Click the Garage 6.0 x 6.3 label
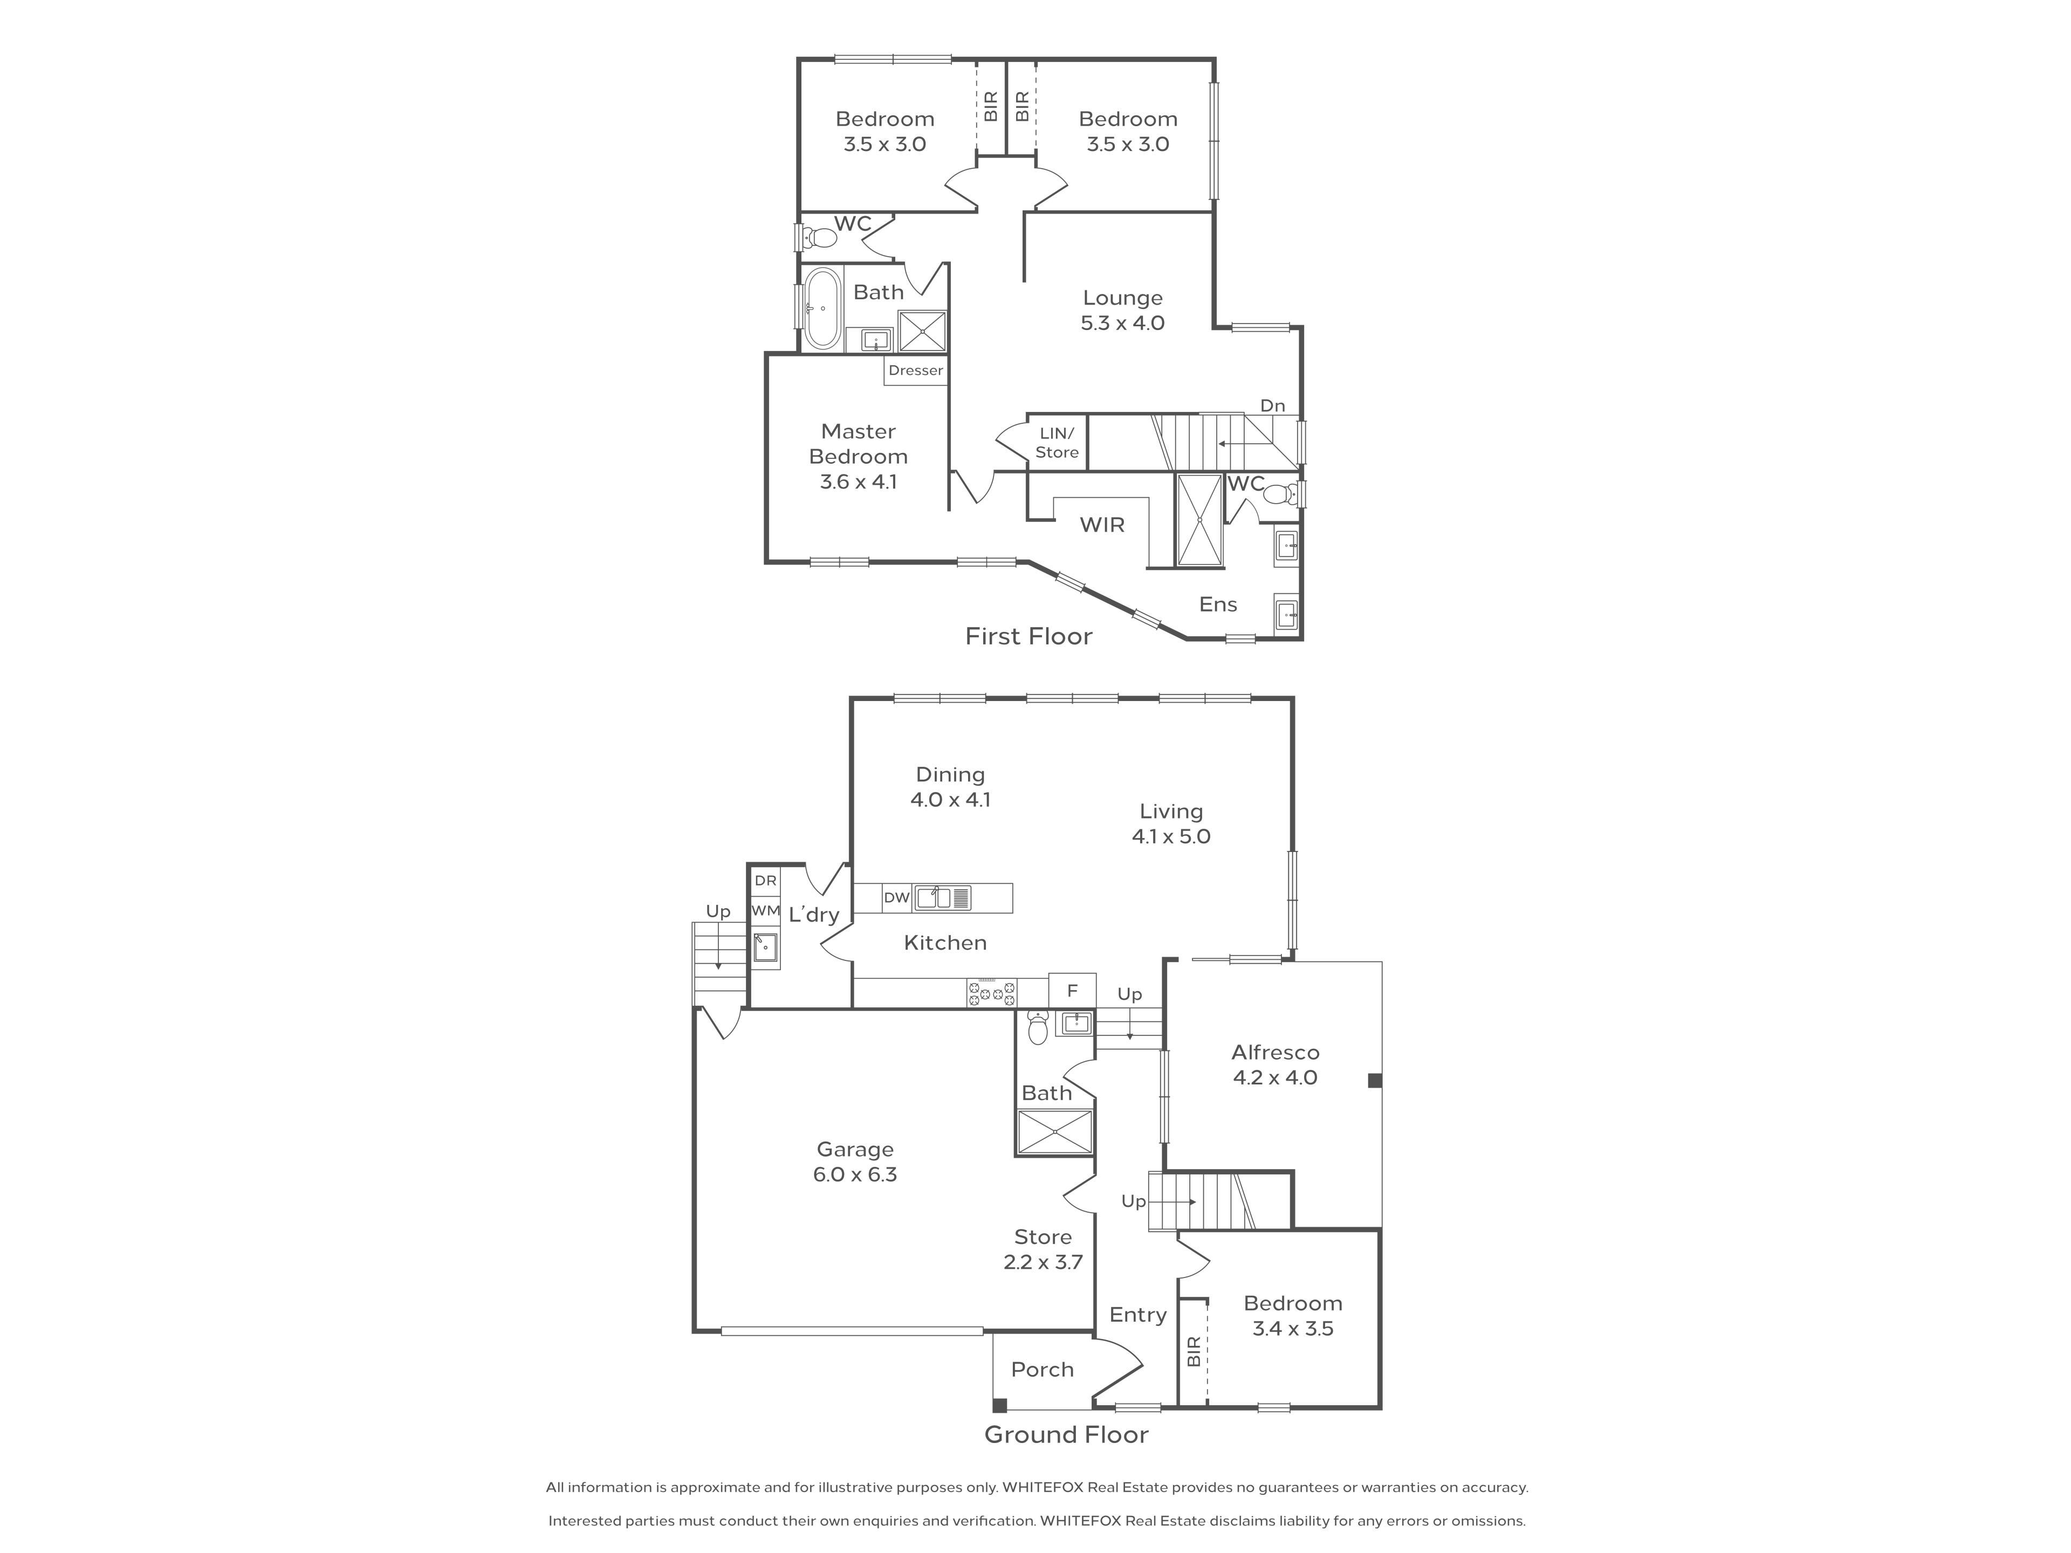coord(855,1162)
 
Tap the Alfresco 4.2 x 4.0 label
coord(1275,1064)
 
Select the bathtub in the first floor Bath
coord(822,309)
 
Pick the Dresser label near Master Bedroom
coord(916,370)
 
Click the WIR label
coord(1102,525)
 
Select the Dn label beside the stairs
coord(1272,406)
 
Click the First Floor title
coord(1029,636)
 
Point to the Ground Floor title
coord(1066,1435)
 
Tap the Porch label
coord(1042,1370)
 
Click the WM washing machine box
coord(766,910)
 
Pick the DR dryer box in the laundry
coord(766,881)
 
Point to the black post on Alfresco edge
coord(1374,1080)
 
